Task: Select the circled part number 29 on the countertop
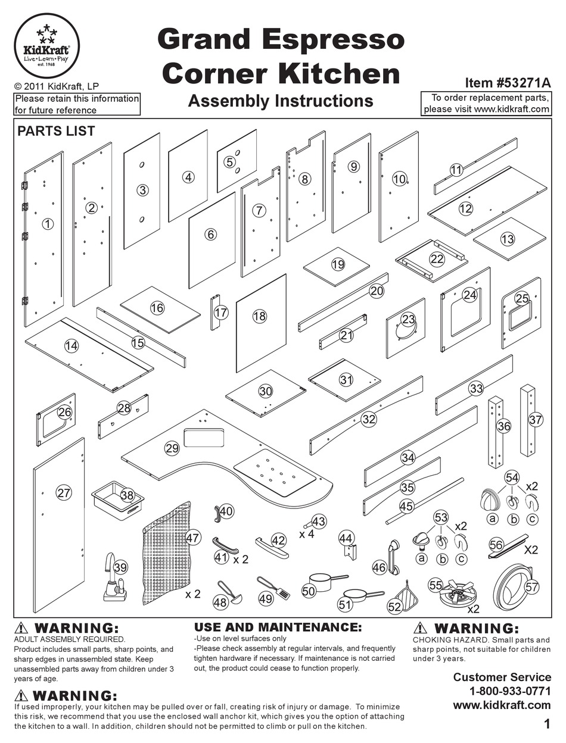click(172, 448)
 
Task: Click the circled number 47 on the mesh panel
click(192, 538)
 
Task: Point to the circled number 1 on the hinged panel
click(48, 224)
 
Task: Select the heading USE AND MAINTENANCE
click(278, 628)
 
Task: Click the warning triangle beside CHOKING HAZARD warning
click(420, 628)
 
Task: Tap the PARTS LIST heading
click(56, 130)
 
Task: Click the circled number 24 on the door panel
click(470, 294)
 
